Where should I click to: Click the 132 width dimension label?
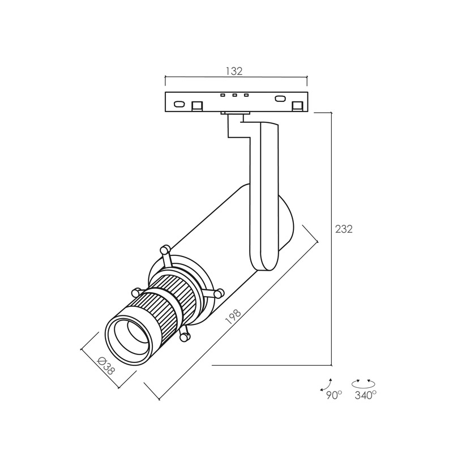click(x=234, y=71)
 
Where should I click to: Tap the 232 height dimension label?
click(x=344, y=229)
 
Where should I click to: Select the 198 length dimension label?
click(x=233, y=318)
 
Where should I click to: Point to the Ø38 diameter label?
click(x=106, y=366)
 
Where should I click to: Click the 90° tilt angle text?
click(x=334, y=395)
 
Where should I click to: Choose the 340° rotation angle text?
click(x=366, y=395)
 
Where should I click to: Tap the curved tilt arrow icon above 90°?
click(x=326, y=384)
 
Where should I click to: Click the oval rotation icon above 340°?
click(x=363, y=383)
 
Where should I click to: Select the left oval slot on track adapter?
click(x=179, y=104)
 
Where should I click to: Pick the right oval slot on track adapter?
click(x=280, y=99)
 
